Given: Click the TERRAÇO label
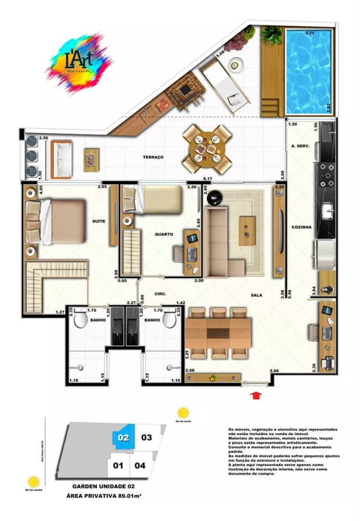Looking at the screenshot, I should coord(154,157).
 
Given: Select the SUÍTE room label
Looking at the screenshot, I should coord(98,221).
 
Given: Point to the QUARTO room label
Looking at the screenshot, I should coord(164,234).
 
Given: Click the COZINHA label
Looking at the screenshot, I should coord(302,227).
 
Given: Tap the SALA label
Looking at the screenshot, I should coord(256,295).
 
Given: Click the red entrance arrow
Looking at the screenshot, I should coord(256,396).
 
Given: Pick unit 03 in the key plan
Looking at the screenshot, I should coord(146,437).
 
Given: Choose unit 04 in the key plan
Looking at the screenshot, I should coord(140,466).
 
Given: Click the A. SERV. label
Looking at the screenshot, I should coord(301,146).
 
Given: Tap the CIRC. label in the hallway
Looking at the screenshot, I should coord(160,294).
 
